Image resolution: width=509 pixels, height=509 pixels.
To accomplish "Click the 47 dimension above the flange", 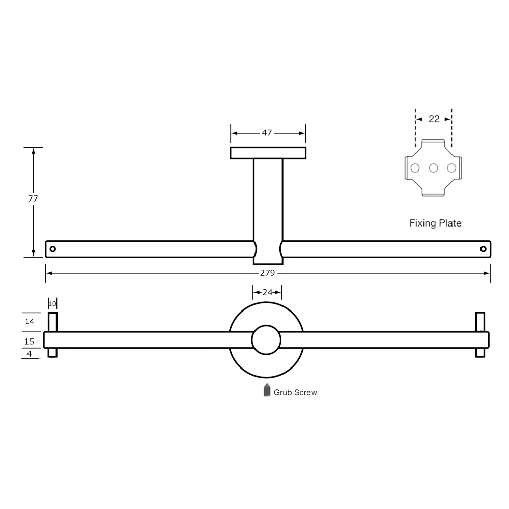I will pyautogui.click(x=267, y=133).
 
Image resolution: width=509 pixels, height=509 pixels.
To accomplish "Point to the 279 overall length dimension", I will pyautogui.click(x=268, y=273).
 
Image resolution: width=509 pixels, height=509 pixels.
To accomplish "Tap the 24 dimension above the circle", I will pyautogui.click(x=267, y=292).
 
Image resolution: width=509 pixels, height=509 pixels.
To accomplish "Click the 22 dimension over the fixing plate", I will pyautogui.click(x=434, y=119).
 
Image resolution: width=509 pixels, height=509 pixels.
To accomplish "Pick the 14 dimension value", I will pyautogui.click(x=30, y=322).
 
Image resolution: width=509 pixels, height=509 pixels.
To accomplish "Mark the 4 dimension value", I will pyautogui.click(x=30, y=353).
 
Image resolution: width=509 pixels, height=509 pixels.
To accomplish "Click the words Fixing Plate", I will pyautogui.click(x=436, y=223).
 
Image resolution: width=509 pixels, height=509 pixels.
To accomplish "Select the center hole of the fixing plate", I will pyautogui.click(x=434, y=167).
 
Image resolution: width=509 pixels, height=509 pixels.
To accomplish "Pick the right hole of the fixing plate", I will pyautogui.click(x=451, y=167).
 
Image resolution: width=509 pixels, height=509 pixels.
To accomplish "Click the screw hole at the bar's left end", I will pyautogui.click(x=52, y=249).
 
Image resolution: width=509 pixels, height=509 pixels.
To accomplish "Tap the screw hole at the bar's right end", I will pyautogui.click(x=483, y=249).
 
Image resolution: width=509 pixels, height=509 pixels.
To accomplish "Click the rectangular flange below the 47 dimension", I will pyautogui.click(x=268, y=152).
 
